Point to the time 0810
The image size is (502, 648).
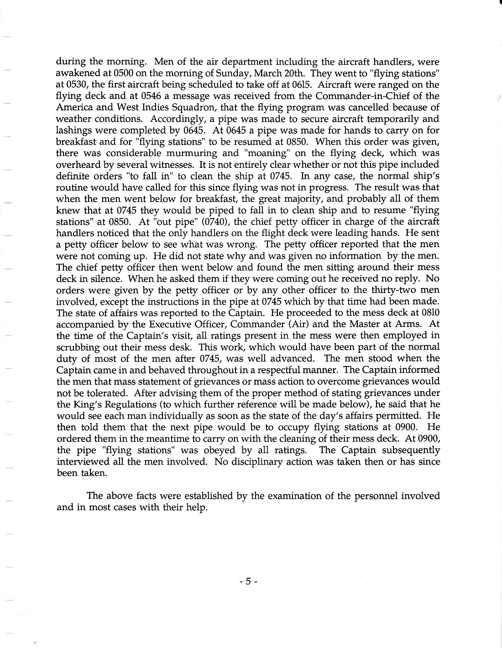[429, 313]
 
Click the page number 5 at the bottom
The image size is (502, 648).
[249, 581]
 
